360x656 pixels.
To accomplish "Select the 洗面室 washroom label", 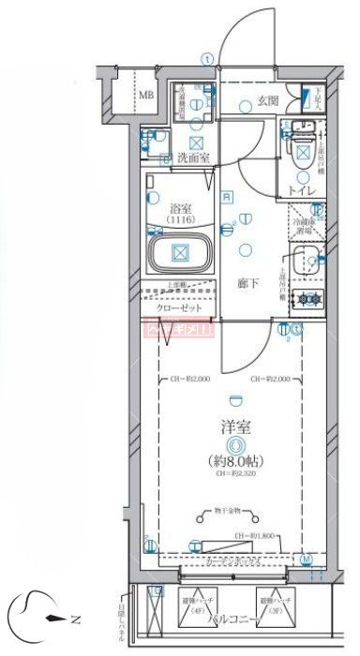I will [193, 157].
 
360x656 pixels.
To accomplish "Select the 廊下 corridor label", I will [247, 280].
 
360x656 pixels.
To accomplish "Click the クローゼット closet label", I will [178, 306].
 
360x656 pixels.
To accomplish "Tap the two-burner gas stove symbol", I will [307, 300].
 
